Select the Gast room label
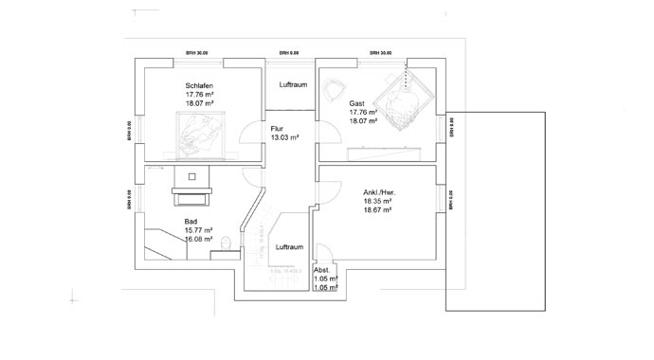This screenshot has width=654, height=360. [x=357, y=102]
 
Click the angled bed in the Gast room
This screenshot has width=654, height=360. [x=400, y=103]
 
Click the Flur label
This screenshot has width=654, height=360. [x=278, y=129]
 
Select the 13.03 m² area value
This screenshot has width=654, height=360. [x=284, y=138]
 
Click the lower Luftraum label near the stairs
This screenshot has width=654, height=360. [x=289, y=246]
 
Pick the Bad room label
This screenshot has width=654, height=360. [x=191, y=221]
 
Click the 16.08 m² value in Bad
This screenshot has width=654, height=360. [x=198, y=240]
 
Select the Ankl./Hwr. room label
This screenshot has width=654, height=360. [x=379, y=192]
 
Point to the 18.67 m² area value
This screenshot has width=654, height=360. [x=378, y=211]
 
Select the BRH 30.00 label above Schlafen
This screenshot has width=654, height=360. [x=195, y=53]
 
